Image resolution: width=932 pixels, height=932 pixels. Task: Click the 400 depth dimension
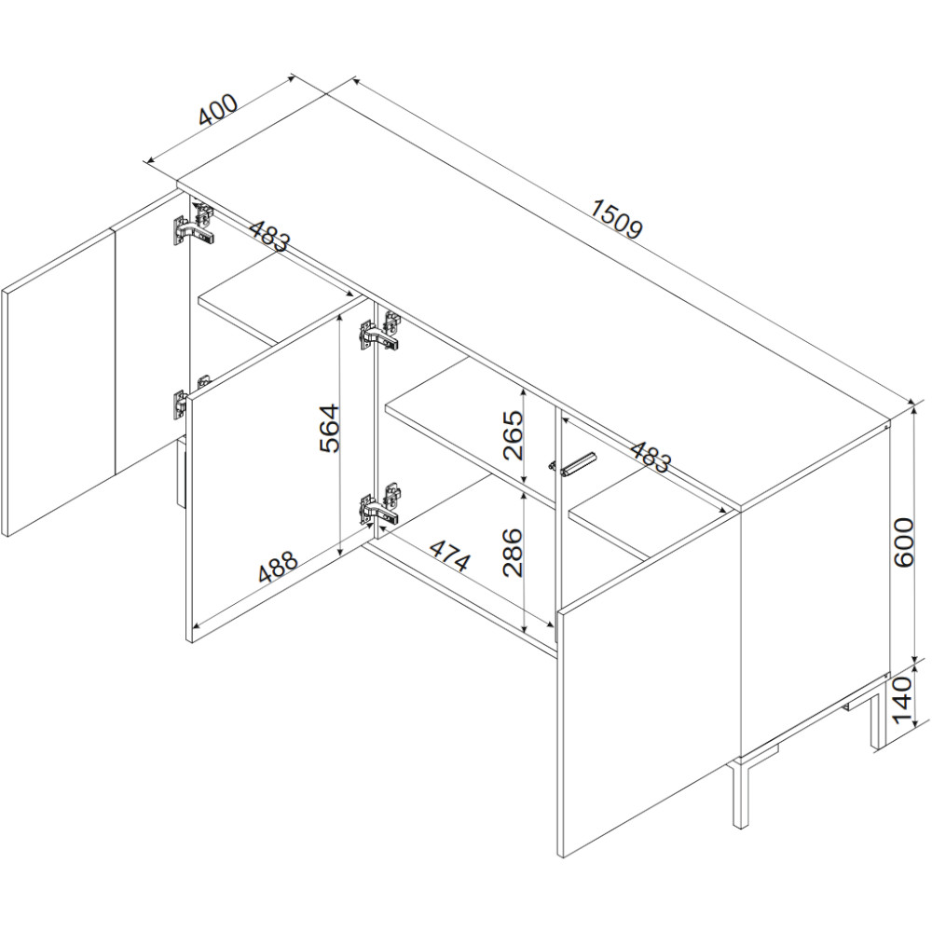click(218, 110)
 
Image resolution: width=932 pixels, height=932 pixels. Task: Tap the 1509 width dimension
click(617, 218)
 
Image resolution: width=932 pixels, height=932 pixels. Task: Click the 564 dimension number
click(329, 428)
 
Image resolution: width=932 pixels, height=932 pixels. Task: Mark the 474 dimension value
click(450, 555)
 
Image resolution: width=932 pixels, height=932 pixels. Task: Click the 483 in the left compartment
click(269, 236)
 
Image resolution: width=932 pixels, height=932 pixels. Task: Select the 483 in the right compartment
click(650, 457)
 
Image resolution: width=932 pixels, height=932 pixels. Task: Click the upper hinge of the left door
click(194, 225)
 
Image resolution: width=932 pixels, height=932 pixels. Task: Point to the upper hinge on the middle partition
click(379, 332)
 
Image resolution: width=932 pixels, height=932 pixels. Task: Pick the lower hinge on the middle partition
click(379, 503)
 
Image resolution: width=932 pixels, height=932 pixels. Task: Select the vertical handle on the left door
click(182, 473)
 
